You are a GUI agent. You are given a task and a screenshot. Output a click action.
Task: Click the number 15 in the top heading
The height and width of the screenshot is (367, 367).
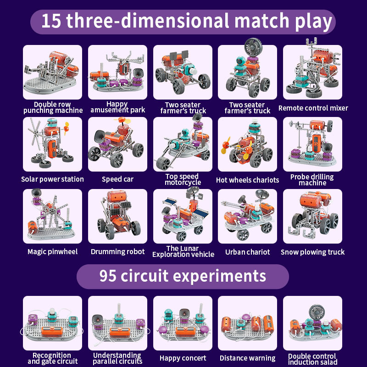coord(51,21)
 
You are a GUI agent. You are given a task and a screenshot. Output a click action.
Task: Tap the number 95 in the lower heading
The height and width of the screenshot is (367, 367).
coord(108,276)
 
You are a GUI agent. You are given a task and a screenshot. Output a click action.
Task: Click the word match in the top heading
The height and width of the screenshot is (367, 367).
coord(262,21)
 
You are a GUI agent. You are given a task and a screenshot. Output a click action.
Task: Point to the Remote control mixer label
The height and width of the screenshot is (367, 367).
coord(313,108)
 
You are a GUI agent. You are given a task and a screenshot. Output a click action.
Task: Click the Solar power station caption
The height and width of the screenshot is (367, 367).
coord(52,179)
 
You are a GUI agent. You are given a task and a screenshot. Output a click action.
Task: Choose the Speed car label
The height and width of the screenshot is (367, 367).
coord(117,179)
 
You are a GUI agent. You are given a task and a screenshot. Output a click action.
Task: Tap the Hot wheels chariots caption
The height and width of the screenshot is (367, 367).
coord(247,180)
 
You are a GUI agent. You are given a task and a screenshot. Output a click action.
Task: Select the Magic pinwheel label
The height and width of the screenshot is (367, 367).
coord(52,251)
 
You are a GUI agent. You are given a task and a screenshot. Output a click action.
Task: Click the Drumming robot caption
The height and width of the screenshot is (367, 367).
coord(117,251)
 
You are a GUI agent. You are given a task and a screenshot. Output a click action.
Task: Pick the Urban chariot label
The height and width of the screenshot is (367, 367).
coord(247,252)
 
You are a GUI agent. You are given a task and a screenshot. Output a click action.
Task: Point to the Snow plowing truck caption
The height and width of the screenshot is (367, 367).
coord(312,252)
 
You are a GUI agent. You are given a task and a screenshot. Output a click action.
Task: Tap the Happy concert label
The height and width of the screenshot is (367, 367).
coord(183,358)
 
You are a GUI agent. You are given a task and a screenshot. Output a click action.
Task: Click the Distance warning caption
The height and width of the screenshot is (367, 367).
coord(247,358)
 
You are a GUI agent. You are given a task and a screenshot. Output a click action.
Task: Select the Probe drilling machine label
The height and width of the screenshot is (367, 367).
coord(312,180)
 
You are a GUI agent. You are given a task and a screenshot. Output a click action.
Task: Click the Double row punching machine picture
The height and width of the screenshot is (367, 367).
coord(52,72)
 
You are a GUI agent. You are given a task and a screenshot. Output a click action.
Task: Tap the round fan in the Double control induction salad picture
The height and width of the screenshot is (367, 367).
coord(317,312)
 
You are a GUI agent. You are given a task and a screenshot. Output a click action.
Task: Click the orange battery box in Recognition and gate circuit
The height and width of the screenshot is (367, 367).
coord(52,331)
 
